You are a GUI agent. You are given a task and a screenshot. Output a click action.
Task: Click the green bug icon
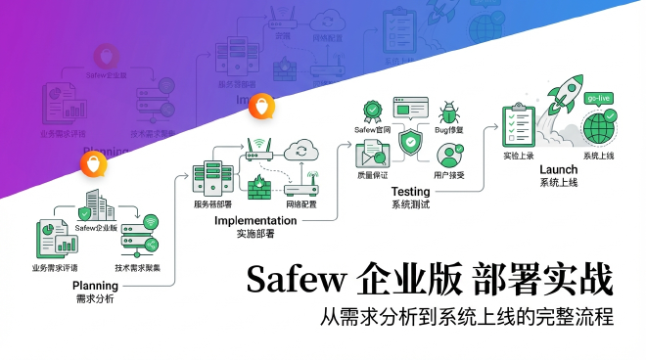tap(450, 112)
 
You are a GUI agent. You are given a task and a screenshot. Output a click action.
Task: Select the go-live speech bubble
tap(599, 99)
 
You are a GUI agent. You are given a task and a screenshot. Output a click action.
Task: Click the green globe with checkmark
tap(599, 128)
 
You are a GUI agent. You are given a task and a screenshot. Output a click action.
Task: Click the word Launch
tap(558, 169)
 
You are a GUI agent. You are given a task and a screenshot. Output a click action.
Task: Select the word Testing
tap(411, 191)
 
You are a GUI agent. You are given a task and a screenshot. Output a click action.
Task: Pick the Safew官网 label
tap(372, 129)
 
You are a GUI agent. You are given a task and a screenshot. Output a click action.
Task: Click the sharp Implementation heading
tap(254, 221)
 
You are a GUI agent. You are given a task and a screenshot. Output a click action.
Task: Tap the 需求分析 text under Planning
tap(95, 298)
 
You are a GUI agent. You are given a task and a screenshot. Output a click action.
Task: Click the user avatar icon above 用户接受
tap(450, 155)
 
